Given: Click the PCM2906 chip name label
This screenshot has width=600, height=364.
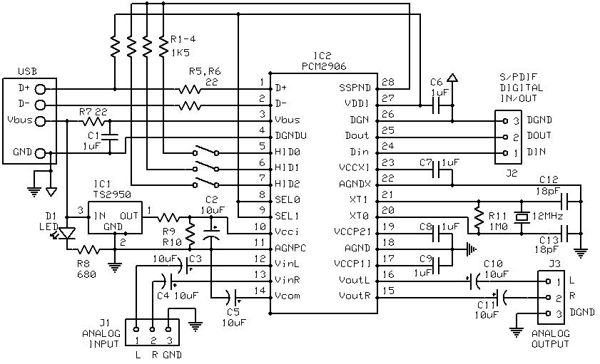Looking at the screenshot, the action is coord(324,66).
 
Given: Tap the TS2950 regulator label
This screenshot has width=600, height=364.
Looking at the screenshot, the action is coord(112,194).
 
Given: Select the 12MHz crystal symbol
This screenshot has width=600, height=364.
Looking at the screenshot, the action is coord(522,217).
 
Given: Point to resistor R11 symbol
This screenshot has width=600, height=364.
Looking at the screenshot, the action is coord(478,217).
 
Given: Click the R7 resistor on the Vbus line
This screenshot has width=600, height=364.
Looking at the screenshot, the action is coord(93,122).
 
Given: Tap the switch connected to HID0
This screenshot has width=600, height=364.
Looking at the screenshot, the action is coord(205,151).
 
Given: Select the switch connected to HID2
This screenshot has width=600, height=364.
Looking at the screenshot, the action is coord(205,183).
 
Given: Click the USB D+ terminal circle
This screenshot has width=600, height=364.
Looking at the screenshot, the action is coord(40,89).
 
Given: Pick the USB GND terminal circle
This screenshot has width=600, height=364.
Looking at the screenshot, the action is coord(40,154).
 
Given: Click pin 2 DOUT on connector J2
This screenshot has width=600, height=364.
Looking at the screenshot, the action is coord(505,137).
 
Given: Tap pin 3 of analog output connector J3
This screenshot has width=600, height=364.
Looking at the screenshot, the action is coord(549,313).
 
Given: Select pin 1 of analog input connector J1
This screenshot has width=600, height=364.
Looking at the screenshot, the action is coord(136,329).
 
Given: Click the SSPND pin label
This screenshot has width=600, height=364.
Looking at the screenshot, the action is coord(355,88).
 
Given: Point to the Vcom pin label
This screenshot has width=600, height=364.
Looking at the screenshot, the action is coord(288,296).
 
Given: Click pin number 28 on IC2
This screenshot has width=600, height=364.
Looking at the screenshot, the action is coord(388,82).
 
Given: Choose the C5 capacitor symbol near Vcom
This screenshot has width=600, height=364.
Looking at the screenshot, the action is coord(233,296).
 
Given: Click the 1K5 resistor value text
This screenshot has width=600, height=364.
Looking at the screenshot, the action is coord(180,52).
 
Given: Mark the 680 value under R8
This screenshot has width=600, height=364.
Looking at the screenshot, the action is coord(86,275).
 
